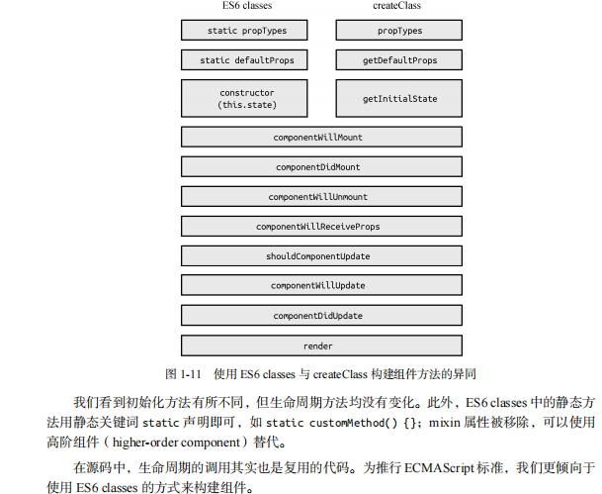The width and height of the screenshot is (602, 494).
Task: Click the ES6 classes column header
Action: coord(246,7)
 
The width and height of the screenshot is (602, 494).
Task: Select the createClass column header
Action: coord(398,7)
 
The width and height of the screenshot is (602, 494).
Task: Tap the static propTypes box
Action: coord(246,31)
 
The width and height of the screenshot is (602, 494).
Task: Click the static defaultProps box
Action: coord(246,60)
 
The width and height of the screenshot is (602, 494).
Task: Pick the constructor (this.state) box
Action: coord(246,99)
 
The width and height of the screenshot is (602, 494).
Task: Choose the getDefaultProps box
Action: coord(399,60)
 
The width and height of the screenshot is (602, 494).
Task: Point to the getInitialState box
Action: coord(399,99)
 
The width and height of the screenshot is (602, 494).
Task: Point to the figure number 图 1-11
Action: coord(184,375)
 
